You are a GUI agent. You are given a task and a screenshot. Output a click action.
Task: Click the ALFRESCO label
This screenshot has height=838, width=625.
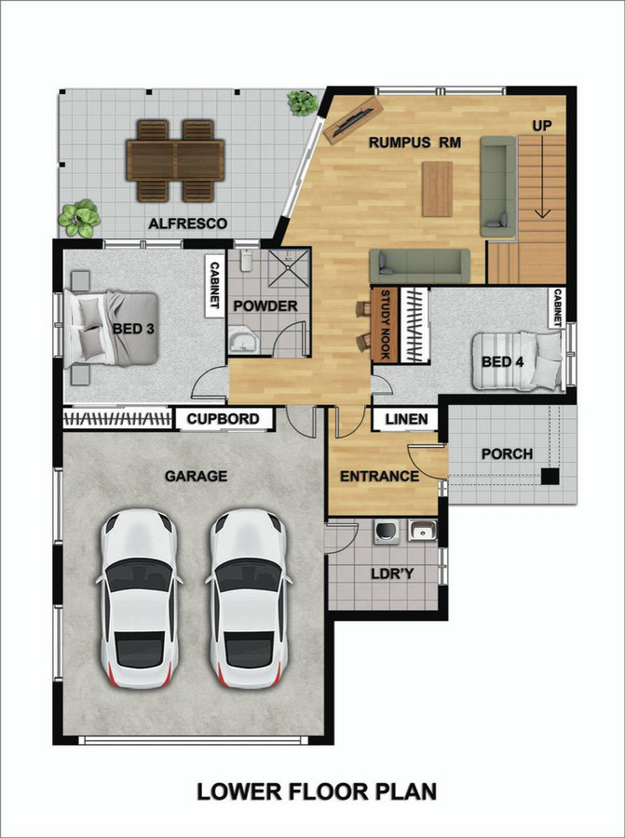[x=187, y=223]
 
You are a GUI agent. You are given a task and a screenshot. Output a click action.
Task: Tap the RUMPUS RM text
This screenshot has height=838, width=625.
[x=414, y=142]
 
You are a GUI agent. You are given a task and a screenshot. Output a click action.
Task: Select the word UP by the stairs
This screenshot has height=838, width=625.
[x=541, y=126]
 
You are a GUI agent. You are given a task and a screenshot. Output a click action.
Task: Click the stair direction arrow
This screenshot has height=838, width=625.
[x=543, y=176]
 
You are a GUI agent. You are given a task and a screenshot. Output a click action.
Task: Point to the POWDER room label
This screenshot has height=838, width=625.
[x=265, y=306]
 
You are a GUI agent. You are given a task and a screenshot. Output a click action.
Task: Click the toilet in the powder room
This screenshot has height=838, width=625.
[x=247, y=261]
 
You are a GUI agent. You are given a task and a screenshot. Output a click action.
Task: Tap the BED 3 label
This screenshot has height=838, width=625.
[x=133, y=329]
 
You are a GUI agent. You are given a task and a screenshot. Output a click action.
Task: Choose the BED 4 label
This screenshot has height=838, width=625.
[x=502, y=362]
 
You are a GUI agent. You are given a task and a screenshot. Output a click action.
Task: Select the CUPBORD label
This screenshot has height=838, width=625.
[x=223, y=419]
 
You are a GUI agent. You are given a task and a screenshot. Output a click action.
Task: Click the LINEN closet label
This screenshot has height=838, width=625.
[x=406, y=419]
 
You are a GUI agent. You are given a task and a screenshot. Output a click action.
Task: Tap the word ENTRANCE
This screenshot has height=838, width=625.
[x=380, y=476]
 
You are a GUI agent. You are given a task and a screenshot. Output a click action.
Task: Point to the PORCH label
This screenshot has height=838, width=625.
[x=507, y=454]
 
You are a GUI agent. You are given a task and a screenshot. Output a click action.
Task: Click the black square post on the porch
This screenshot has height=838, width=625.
[x=550, y=476]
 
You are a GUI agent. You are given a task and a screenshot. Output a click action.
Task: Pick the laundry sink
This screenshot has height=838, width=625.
[x=422, y=532]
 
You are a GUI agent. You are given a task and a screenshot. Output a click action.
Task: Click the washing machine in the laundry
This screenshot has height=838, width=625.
[x=387, y=533]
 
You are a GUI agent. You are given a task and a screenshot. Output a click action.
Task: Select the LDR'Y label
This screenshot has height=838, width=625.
[x=392, y=574]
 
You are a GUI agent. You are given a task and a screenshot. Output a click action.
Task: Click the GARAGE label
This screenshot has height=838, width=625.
[x=196, y=476]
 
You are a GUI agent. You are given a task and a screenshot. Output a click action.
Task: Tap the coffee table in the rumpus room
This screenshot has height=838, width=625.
[x=437, y=189]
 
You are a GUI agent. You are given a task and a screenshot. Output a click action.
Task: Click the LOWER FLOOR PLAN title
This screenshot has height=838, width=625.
[x=317, y=791]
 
